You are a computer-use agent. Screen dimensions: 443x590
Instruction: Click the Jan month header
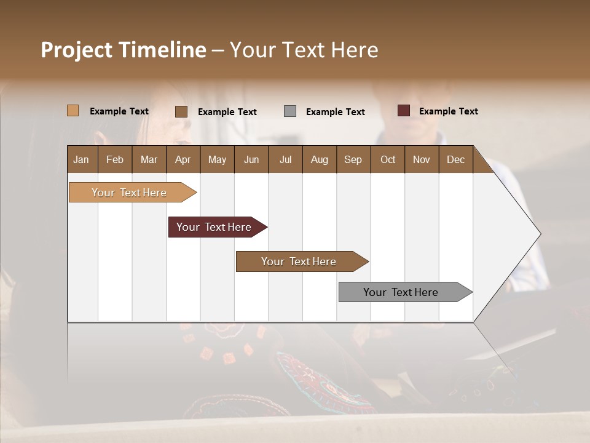pyautogui.click(x=81, y=159)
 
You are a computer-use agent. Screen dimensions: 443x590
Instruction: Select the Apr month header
pyautogui.click(x=183, y=159)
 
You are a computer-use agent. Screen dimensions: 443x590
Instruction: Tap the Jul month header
pyautogui.click(x=285, y=159)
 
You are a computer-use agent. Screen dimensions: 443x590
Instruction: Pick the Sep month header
pyautogui.click(x=353, y=159)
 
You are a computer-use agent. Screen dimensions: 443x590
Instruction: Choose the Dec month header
pyautogui.click(x=455, y=159)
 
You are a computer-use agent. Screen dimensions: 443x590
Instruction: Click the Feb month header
pyautogui.click(x=115, y=159)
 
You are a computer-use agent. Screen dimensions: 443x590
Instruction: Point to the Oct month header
pyautogui.click(x=388, y=159)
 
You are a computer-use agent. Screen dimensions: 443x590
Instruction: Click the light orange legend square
pyautogui.click(x=73, y=111)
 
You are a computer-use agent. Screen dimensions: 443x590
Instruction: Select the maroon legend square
pyautogui.click(x=403, y=111)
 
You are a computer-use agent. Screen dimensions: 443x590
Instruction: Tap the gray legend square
pyautogui.click(x=290, y=111)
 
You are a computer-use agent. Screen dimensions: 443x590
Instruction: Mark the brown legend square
pyautogui.click(x=181, y=111)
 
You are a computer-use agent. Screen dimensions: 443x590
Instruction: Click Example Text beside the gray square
pyautogui.click(x=335, y=112)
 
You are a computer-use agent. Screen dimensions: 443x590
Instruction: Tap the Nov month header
pyautogui.click(x=422, y=159)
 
